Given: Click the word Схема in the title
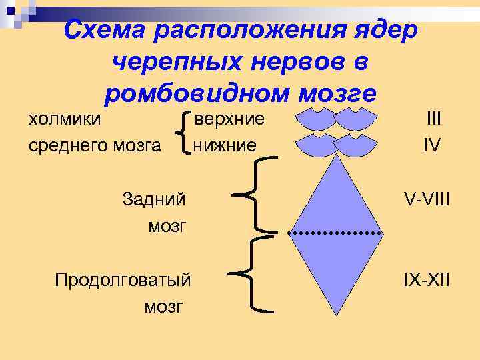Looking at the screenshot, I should click(x=106, y=30).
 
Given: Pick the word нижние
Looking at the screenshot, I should click(x=225, y=144).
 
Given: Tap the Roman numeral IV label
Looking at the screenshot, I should click(x=431, y=144).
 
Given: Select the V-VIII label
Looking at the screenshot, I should click(x=427, y=199).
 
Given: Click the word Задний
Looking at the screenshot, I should click(x=154, y=199).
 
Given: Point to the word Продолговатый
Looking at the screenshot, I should click(x=123, y=279).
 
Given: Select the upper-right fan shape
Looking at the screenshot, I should click(x=355, y=119).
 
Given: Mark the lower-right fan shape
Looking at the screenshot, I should click(x=355, y=145).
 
